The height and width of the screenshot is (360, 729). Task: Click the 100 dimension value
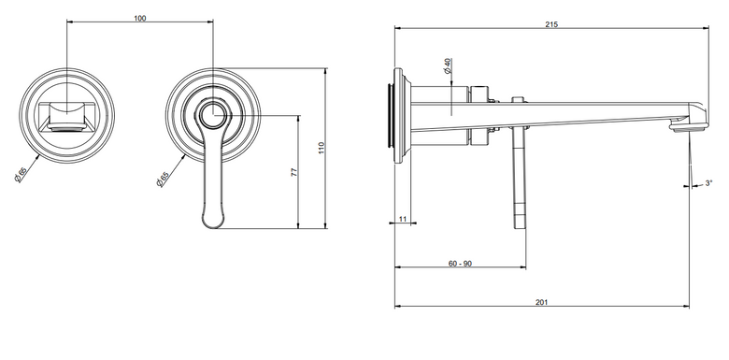point(139,18)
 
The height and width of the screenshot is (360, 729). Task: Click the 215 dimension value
point(551,24)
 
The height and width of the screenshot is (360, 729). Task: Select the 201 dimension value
point(542,302)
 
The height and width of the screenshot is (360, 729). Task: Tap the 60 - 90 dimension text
point(460,264)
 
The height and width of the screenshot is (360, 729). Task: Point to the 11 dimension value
point(403,219)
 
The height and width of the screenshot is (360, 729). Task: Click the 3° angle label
point(708,183)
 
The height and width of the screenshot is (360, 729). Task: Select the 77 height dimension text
point(293,172)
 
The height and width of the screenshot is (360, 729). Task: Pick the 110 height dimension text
point(322,148)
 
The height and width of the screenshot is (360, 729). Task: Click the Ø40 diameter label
point(448,65)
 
